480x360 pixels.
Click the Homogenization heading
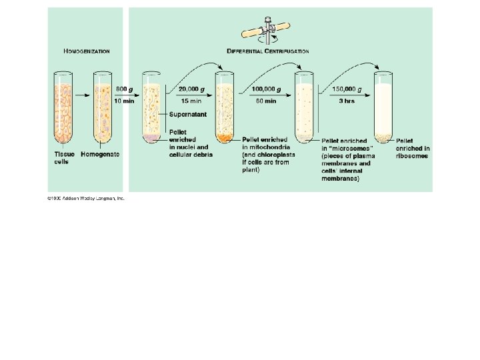87,51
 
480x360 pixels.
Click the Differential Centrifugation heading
268,51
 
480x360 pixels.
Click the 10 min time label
125,101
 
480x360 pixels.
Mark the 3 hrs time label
347,101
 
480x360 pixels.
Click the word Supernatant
188,115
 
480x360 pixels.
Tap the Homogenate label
100,155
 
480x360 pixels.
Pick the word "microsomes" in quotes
346,149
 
